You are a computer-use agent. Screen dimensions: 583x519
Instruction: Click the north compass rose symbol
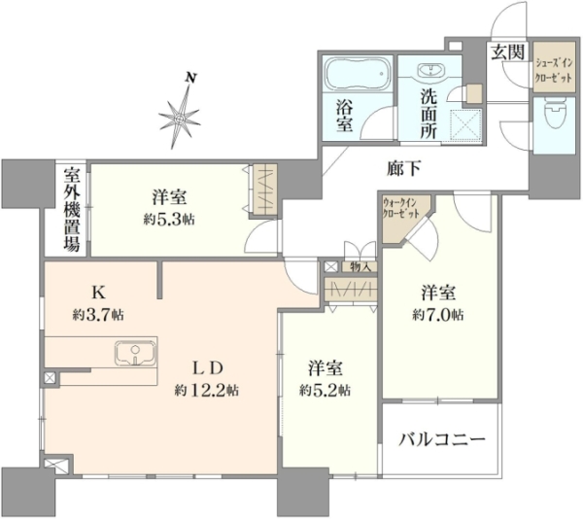(x=180, y=119)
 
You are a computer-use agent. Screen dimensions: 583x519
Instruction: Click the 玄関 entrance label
(x=508, y=52)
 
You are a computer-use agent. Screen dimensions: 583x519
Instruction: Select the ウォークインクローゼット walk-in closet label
(x=401, y=208)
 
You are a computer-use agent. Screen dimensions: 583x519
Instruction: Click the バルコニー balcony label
(x=442, y=440)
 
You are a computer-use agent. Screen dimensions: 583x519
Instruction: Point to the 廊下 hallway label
(x=404, y=169)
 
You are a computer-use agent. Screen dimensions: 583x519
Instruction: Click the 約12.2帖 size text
(x=207, y=391)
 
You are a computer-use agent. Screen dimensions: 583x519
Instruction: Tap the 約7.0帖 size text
(x=438, y=315)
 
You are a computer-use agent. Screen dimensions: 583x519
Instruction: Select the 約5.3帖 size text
(x=169, y=220)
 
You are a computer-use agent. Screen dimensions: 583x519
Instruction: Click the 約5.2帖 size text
(x=325, y=391)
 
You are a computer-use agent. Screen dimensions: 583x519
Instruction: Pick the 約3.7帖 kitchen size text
(x=98, y=315)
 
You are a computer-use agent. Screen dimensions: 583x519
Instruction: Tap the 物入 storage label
(x=360, y=266)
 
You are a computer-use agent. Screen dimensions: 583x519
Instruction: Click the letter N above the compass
(x=191, y=78)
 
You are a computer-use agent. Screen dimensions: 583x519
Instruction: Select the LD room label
(x=207, y=368)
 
